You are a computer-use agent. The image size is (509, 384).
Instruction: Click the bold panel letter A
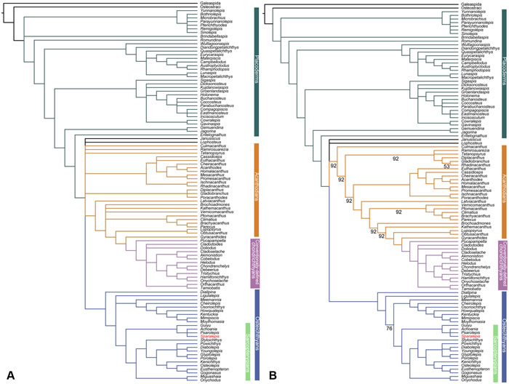(x=10, y=375)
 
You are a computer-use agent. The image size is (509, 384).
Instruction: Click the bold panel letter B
(x=272, y=375)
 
